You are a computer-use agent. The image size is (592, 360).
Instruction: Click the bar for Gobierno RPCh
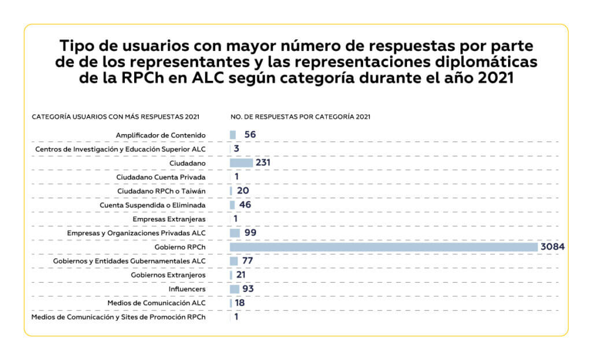[x=384, y=247]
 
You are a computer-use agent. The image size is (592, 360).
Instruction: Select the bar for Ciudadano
[x=241, y=163]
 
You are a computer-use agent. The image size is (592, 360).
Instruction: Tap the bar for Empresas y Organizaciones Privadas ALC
[x=235, y=233]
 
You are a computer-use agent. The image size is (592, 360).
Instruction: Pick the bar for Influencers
[x=234, y=289]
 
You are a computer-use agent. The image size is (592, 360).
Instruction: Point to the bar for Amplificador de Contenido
[x=233, y=135]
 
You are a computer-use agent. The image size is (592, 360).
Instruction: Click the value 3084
[x=552, y=247]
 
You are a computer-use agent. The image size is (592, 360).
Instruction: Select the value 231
[x=263, y=163]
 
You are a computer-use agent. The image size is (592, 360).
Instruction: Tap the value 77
[x=247, y=261]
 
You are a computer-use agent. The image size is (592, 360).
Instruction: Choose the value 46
[x=245, y=205]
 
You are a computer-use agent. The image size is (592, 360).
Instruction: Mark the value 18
[x=239, y=303]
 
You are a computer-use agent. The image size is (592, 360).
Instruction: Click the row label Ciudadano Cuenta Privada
[x=161, y=177]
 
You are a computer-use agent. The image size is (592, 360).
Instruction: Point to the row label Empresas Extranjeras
[x=169, y=219]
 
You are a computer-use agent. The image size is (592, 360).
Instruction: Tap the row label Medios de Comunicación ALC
[x=156, y=303]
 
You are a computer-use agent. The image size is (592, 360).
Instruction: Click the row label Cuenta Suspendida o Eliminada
[x=153, y=205]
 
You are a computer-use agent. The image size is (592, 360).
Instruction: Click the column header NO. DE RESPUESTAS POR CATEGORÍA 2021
[x=300, y=117]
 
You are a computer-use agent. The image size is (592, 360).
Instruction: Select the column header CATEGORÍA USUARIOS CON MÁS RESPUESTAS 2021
[x=116, y=117]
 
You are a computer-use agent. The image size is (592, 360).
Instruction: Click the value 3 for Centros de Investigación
[x=237, y=149]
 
